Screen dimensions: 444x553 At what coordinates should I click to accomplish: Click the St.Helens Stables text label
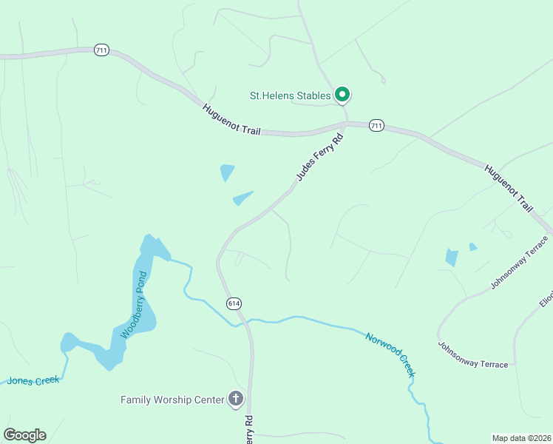point(289,95)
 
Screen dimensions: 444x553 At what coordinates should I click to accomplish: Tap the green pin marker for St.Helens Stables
point(342,94)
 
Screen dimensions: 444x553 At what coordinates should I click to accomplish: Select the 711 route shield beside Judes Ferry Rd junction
point(376,125)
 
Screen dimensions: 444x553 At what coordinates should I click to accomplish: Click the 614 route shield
point(234,303)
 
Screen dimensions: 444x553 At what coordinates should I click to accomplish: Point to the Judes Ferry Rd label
point(320,157)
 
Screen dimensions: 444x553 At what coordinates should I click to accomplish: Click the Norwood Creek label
point(391,354)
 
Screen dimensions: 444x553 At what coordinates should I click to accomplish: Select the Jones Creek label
point(33,380)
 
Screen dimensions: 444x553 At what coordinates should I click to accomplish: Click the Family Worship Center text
point(172,400)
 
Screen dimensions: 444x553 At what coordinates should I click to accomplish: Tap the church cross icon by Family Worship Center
point(236,400)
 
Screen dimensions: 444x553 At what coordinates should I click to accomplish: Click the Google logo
point(24,435)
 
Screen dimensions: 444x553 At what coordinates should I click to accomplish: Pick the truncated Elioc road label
point(546,292)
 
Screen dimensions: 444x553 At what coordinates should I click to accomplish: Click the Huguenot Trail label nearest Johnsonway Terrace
point(509,188)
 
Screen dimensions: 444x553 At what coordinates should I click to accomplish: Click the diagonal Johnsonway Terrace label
point(521,262)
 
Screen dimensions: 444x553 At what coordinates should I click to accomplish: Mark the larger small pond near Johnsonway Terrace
point(451,258)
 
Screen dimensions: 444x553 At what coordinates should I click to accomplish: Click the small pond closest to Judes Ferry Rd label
point(242,198)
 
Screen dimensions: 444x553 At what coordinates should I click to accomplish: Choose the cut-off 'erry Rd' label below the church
point(249,428)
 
